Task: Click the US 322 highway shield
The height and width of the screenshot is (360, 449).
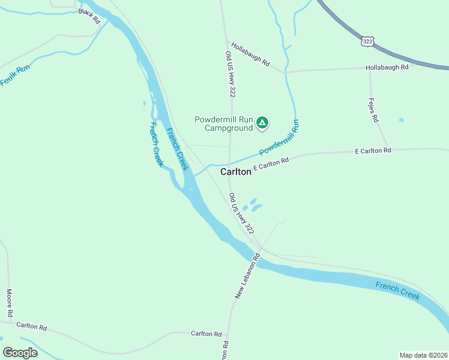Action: pyautogui.click(x=368, y=41)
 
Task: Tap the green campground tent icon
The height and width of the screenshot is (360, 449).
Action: pyautogui.click(x=262, y=123)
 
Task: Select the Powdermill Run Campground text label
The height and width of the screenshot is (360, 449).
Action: pyautogui.click(x=223, y=123)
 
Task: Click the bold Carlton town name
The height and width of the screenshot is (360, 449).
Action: pyautogui.click(x=235, y=172)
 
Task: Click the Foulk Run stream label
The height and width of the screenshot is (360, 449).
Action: pyautogui.click(x=15, y=75)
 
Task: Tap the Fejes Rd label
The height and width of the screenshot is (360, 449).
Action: pyautogui.click(x=373, y=110)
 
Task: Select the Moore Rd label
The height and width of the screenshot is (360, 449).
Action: pyautogui.click(x=10, y=303)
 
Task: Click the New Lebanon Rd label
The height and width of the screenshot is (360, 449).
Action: pyautogui.click(x=247, y=276)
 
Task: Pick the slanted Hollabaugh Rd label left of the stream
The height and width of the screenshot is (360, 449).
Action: pyautogui.click(x=249, y=54)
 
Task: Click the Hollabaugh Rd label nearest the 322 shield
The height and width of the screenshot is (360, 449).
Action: pyautogui.click(x=387, y=67)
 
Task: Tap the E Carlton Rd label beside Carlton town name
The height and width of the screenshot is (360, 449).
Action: pyautogui.click(x=271, y=164)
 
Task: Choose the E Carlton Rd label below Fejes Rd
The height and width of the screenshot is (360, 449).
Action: pyautogui.click(x=373, y=150)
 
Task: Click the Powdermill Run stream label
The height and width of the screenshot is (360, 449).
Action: pyautogui.click(x=279, y=139)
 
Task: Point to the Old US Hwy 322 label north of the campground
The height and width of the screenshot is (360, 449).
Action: pyautogui.click(x=230, y=74)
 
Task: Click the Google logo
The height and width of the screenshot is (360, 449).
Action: pyautogui.click(x=20, y=353)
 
